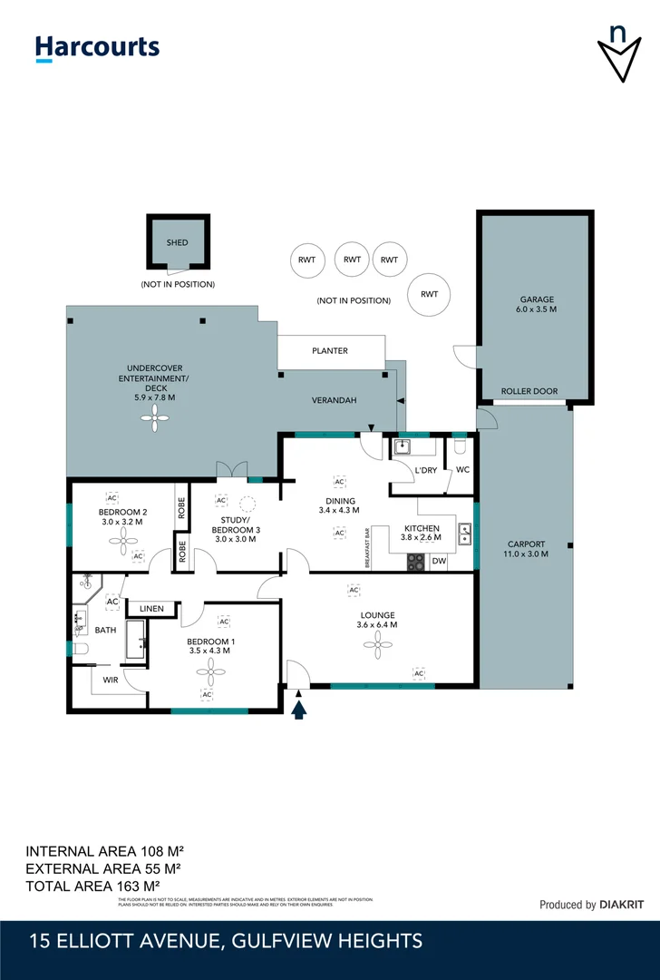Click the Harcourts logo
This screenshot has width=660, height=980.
click(97, 47)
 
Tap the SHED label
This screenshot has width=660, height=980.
click(177, 243)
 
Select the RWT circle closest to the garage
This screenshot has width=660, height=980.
click(430, 294)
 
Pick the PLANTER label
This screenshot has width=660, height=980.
click(330, 350)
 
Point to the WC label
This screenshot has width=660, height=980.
click(462, 470)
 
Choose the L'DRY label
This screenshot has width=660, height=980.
click(425, 470)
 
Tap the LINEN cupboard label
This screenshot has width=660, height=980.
click(151, 608)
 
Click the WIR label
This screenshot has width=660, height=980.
click(110, 679)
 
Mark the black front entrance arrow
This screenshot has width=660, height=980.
click(300, 706)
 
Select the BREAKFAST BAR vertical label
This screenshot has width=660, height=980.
click(367, 548)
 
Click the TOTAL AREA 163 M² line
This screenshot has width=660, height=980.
click(93, 886)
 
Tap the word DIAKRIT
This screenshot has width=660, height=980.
click(626, 905)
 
